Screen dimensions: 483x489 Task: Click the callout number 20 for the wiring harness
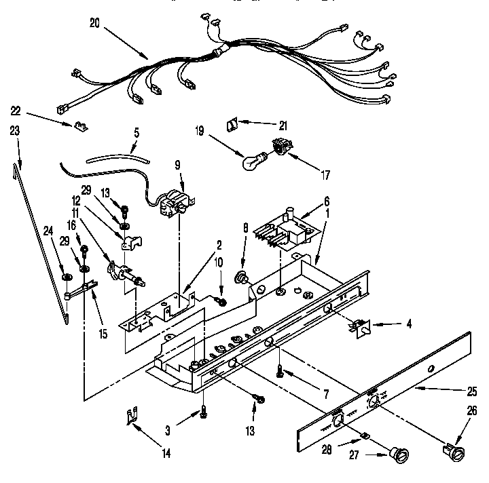tap(95, 22)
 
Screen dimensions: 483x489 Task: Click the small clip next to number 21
tap(232, 124)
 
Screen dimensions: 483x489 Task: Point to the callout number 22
tap(16, 111)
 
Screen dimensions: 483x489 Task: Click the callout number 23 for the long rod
tap(16, 133)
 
